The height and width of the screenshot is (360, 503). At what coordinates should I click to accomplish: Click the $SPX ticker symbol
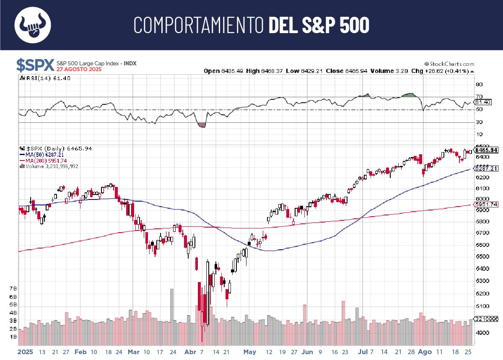(x=35, y=65)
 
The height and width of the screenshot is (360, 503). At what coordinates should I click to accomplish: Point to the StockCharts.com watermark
(x=449, y=64)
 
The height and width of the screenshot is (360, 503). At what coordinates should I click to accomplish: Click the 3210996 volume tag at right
(x=486, y=319)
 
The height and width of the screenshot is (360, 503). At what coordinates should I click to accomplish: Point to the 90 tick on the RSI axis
(x=479, y=84)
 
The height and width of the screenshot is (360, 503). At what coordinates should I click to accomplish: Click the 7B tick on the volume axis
(x=13, y=289)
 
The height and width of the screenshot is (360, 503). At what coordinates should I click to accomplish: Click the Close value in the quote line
(x=346, y=71)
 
